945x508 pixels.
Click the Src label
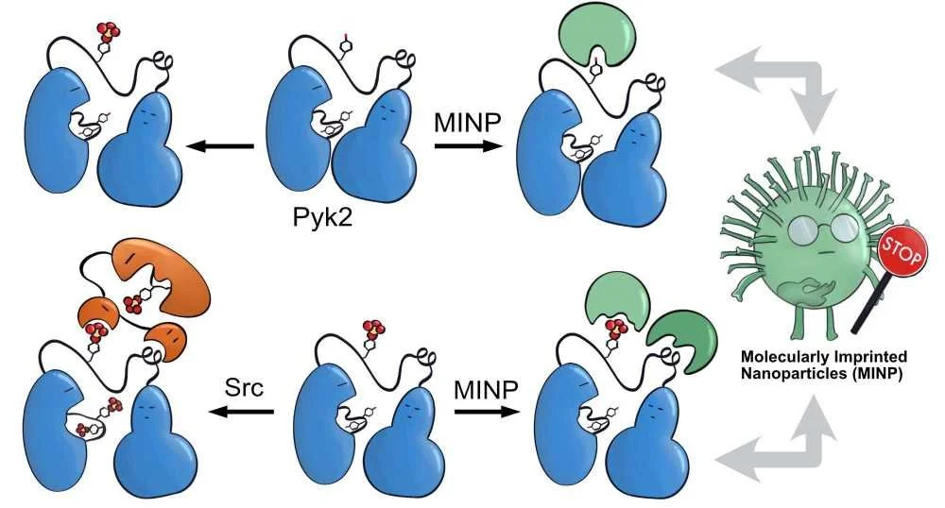click(x=244, y=387)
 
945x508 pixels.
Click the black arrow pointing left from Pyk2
click(x=221, y=146)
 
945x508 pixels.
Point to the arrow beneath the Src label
click(x=242, y=411)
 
